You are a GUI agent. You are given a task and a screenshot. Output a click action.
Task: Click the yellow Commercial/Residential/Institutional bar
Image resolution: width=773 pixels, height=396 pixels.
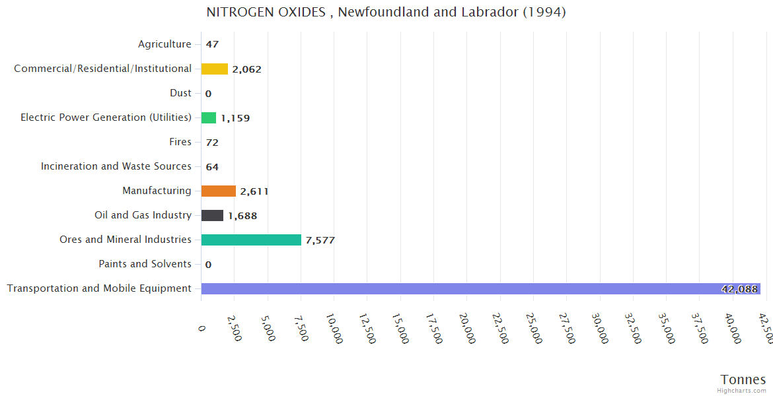pyautogui.click(x=215, y=69)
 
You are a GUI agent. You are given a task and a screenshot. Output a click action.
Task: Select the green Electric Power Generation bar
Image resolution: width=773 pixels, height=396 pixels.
pyautogui.click(x=209, y=117)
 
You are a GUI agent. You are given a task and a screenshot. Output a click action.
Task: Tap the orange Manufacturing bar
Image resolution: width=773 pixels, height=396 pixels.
pyautogui.click(x=219, y=191)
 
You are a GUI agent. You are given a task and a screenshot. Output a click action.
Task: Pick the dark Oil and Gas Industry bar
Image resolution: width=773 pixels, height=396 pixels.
pyautogui.click(x=212, y=216)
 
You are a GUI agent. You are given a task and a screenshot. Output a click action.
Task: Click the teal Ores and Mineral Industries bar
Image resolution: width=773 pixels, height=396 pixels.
pyautogui.click(x=251, y=240)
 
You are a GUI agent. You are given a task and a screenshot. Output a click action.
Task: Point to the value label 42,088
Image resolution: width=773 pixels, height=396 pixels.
pyautogui.click(x=739, y=289)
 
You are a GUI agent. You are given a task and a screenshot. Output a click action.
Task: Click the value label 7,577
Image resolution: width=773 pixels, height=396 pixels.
pyautogui.click(x=320, y=240)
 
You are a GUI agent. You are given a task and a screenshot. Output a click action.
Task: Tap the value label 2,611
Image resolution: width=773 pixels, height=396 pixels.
pyautogui.click(x=254, y=191)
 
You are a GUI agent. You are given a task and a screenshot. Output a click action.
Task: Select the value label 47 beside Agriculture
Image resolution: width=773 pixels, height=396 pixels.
pyautogui.click(x=212, y=45)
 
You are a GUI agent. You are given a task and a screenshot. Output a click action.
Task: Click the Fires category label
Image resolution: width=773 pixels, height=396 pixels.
pyautogui.click(x=180, y=142)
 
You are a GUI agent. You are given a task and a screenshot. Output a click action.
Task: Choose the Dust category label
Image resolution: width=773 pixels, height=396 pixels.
pyautogui.click(x=180, y=93)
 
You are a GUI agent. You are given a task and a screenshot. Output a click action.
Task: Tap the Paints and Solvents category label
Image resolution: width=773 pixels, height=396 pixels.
pyautogui.click(x=145, y=264)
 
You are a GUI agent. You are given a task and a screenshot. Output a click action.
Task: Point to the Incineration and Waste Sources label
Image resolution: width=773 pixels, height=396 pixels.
pyautogui.click(x=116, y=166)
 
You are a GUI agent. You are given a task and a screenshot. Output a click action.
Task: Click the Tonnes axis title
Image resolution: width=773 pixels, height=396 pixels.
pyautogui.click(x=743, y=379)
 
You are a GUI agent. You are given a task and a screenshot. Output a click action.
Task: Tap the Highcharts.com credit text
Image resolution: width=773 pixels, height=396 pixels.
pyautogui.click(x=741, y=391)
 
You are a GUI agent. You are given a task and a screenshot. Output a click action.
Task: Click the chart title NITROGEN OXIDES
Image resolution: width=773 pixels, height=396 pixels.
pyautogui.click(x=386, y=13)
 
